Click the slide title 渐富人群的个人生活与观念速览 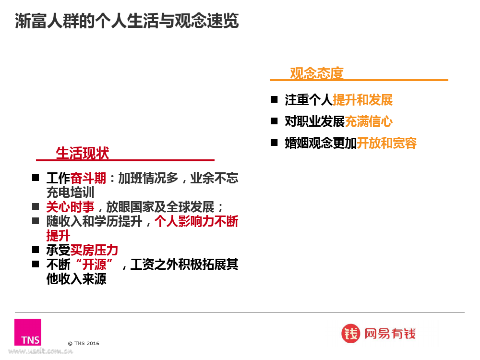point(127,21)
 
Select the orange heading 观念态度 point(316,73)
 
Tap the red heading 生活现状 point(83,153)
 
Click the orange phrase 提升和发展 point(362,100)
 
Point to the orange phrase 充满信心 point(369,121)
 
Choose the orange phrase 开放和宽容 point(386,143)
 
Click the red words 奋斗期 point(88,178)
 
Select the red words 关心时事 point(70,207)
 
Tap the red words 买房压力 point(94,250)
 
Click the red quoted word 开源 point(94,264)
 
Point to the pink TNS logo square point(28,332)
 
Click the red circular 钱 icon point(350,334)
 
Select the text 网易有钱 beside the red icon point(390,334)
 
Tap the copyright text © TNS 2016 point(84,344)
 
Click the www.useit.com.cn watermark point(40,351)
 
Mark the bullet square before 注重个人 point(274,99)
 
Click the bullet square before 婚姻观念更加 point(274,143)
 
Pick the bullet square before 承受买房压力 point(36,250)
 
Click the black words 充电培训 point(70,192)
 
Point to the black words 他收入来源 point(76,279)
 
